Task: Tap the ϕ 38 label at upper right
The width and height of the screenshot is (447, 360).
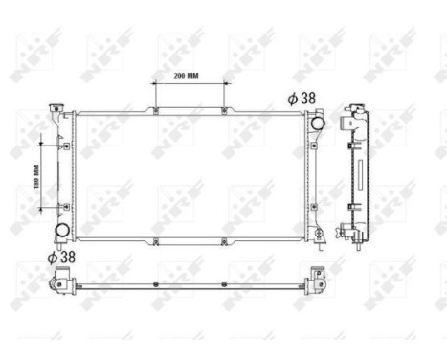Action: (x=302, y=98)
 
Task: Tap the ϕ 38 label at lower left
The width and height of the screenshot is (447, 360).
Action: (x=60, y=256)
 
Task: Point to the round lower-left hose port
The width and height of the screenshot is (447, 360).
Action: (x=62, y=231)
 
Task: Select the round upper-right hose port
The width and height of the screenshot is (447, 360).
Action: (x=316, y=123)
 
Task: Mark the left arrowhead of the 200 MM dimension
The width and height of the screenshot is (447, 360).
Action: (x=155, y=83)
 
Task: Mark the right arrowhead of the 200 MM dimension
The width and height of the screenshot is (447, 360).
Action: (x=224, y=83)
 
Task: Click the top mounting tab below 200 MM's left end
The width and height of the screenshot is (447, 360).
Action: (x=154, y=112)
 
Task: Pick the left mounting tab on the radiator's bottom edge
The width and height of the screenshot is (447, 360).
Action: (x=154, y=241)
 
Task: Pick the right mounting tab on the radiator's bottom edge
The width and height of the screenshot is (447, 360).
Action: (x=224, y=241)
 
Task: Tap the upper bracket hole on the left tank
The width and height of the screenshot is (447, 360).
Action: (x=66, y=146)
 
